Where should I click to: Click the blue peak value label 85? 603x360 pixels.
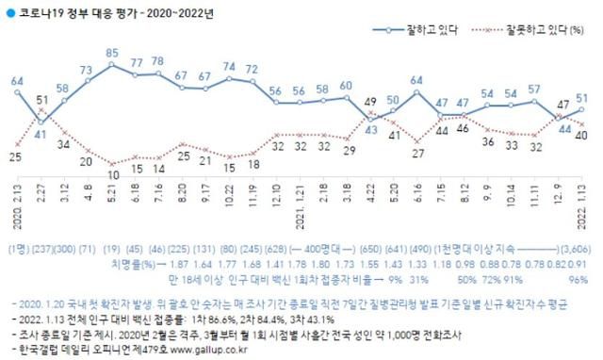click(112, 53)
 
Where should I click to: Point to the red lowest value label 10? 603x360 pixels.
click(112, 174)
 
